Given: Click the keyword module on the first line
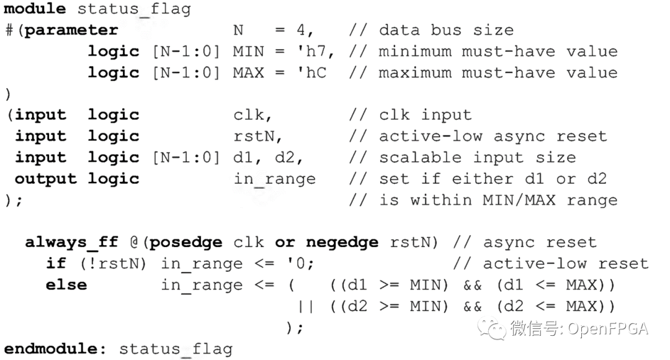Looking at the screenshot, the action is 35,9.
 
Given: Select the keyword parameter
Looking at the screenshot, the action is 71,30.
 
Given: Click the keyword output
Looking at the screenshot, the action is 46,179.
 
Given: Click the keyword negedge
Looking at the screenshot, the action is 342,242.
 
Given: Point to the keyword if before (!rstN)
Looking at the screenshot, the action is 56,263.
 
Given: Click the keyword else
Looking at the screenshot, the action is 66,285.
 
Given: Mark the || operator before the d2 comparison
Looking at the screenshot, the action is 305,306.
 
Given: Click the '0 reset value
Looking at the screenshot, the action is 300,263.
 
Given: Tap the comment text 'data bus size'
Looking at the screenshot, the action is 446,30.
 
